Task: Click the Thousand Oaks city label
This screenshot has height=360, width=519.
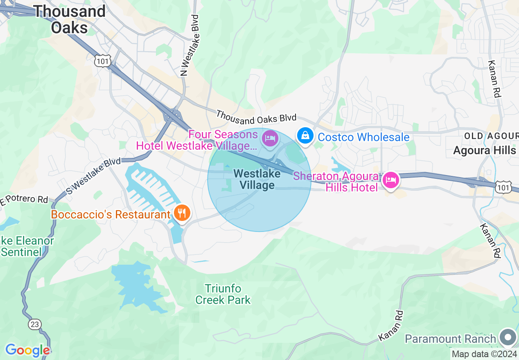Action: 70,19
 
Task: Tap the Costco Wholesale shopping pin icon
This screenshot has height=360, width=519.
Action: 305,135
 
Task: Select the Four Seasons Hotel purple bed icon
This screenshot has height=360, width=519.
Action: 270,137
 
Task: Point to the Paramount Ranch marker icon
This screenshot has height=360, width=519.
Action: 508,338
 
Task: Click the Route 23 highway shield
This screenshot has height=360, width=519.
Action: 34,324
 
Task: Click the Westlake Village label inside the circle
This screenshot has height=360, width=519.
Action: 257,179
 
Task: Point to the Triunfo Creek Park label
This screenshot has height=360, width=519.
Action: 223,295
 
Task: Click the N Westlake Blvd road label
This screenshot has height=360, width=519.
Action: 190,45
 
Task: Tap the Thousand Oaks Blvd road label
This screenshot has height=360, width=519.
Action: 256,116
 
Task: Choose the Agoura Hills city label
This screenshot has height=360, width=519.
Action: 484,150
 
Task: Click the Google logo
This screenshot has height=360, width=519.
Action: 27,350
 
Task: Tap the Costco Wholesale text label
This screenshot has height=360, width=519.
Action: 363,137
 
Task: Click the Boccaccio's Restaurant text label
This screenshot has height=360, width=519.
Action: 111,214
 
